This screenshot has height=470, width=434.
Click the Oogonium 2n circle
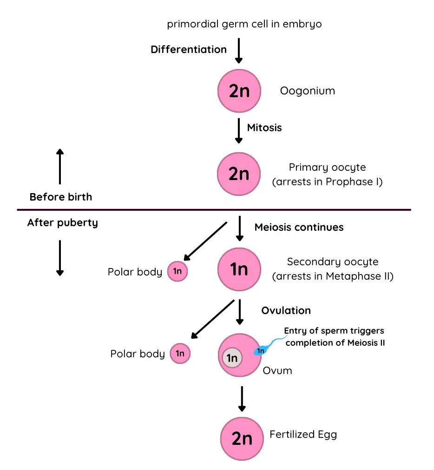point(239,91)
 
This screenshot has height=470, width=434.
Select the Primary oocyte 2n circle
point(239,174)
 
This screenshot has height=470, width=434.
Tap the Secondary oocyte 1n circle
point(239,269)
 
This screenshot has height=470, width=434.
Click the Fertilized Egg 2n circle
point(242,438)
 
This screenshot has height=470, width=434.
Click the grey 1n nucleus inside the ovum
point(231,358)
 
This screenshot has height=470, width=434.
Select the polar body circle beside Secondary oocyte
point(177,271)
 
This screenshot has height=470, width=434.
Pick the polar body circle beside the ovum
point(180,354)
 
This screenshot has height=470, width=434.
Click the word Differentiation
point(189,49)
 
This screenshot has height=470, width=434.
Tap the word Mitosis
point(264,128)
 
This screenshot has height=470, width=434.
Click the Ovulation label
point(286,310)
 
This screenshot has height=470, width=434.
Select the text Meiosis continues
point(299,227)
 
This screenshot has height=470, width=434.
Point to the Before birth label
point(60,197)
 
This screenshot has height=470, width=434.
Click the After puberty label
point(63,222)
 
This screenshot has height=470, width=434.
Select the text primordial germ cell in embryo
point(244,24)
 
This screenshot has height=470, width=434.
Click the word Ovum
point(277,370)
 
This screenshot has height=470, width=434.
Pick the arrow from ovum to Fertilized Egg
point(241,398)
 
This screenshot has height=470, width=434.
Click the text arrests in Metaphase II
point(333,276)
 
